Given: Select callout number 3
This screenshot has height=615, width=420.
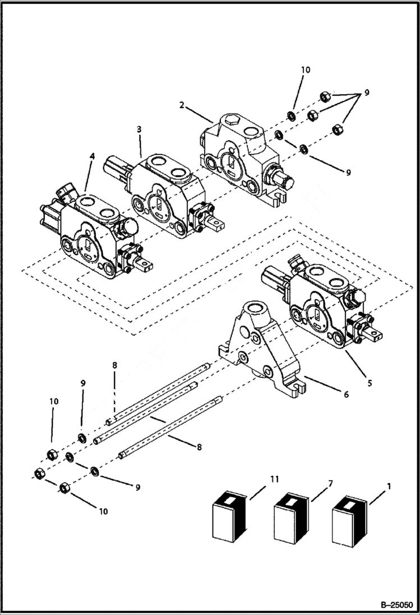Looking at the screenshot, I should point(139,129).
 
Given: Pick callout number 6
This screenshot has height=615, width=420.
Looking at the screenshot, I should point(346,395).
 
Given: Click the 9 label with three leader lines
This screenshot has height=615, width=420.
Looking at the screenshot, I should point(367,93).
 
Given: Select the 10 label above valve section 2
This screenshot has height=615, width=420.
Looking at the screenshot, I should point(306,70).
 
